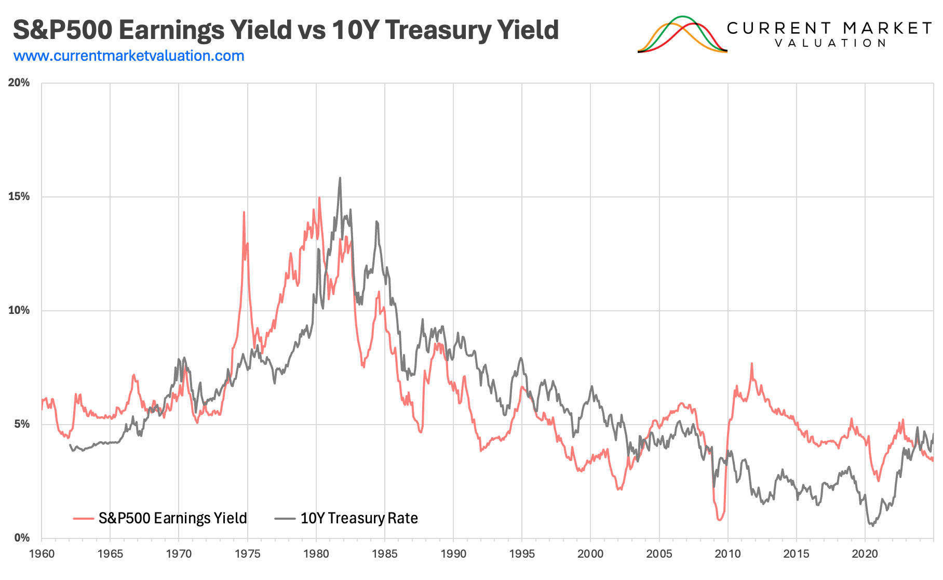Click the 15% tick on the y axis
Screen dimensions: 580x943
click(x=19, y=196)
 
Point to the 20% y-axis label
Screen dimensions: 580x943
click(x=19, y=83)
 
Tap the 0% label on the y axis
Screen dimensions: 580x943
click(x=21, y=538)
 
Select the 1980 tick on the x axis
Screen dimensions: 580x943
click(x=316, y=554)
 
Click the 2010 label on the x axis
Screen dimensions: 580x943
click(x=728, y=554)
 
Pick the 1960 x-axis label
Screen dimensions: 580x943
click(x=42, y=554)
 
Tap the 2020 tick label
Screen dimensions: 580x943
click(x=865, y=554)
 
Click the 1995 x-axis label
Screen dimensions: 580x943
click(x=522, y=554)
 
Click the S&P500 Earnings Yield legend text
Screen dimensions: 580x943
click(x=172, y=518)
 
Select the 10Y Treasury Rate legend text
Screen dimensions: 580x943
click(x=359, y=518)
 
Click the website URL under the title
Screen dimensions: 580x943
click(x=129, y=56)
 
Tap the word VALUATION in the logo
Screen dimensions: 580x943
click(x=830, y=43)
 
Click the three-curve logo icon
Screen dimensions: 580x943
click(x=682, y=35)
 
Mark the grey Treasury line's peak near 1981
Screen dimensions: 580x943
click(x=340, y=178)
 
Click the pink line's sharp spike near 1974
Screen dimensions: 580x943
click(x=244, y=212)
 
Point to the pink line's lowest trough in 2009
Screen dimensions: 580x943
click(x=719, y=520)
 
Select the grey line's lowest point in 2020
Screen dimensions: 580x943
click(x=872, y=526)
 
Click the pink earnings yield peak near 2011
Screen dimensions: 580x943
click(x=751, y=364)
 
